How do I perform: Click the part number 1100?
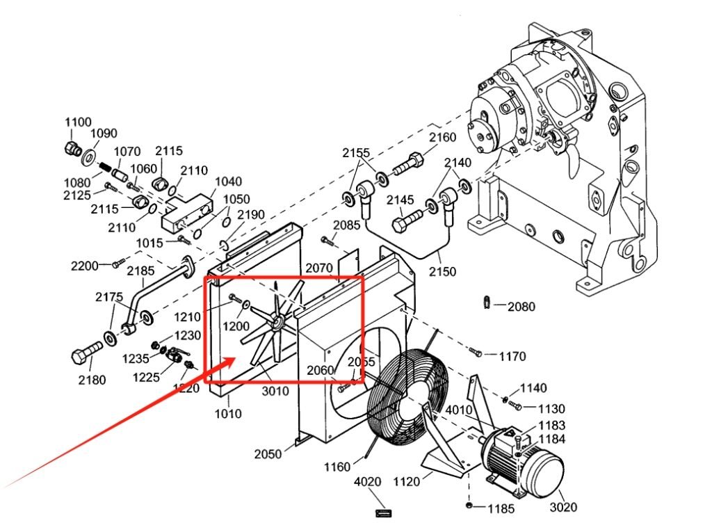pos(78,122)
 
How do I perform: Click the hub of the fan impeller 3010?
pos(277,323)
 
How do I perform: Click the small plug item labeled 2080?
pos(488,302)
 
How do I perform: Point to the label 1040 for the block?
pos(228,182)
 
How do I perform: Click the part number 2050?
pos(268,454)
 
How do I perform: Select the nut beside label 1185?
pos(469,504)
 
